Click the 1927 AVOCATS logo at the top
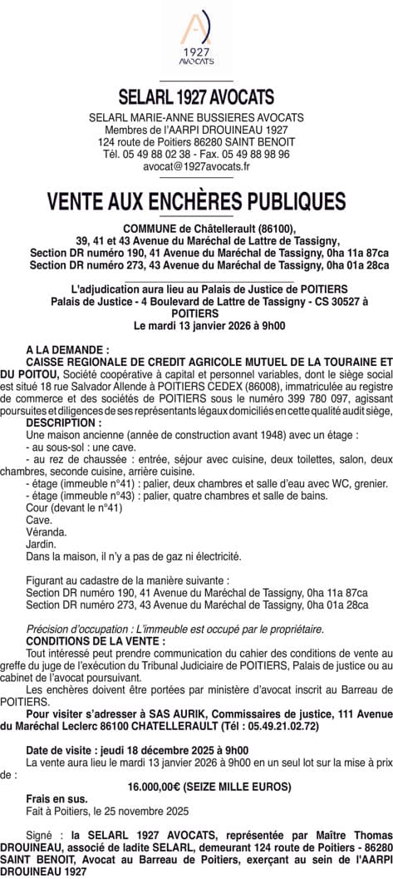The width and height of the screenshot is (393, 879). (x=196, y=40)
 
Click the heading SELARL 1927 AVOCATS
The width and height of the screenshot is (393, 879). (x=196, y=97)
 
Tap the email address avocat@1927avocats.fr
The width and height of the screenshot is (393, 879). (x=196, y=166)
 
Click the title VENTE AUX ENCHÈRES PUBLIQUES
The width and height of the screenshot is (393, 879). (x=196, y=202)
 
